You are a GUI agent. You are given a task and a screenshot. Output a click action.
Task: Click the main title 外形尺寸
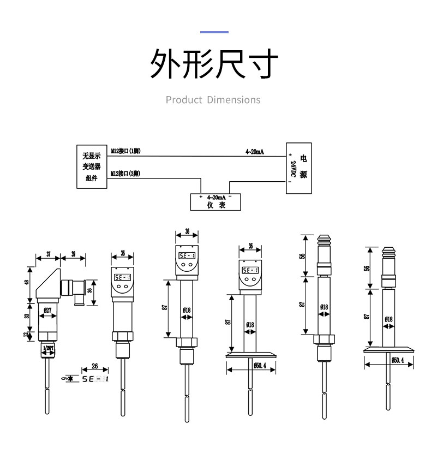(214, 64)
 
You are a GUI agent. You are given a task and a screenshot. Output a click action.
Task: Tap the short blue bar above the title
(214, 32)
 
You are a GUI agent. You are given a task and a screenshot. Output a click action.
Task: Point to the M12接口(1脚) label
(125, 151)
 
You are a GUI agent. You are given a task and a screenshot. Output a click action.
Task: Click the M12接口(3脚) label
(125, 174)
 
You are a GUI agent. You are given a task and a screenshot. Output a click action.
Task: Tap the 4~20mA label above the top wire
(254, 151)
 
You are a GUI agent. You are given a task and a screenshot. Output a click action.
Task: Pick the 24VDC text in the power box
(293, 168)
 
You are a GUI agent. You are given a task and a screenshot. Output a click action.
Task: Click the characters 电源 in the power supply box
(304, 167)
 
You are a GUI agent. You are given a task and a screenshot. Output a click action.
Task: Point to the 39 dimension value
(73, 254)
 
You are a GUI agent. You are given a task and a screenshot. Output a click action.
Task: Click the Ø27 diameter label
(47, 311)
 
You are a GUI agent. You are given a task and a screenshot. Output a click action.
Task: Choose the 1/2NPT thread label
(49, 348)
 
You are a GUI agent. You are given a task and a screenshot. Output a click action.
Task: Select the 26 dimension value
(94, 366)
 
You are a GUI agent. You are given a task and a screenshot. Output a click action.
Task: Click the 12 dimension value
(25, 336)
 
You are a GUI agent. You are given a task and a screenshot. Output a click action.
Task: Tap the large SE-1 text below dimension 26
(94, 378)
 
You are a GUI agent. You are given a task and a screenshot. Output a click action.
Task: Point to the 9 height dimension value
(64, 378)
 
